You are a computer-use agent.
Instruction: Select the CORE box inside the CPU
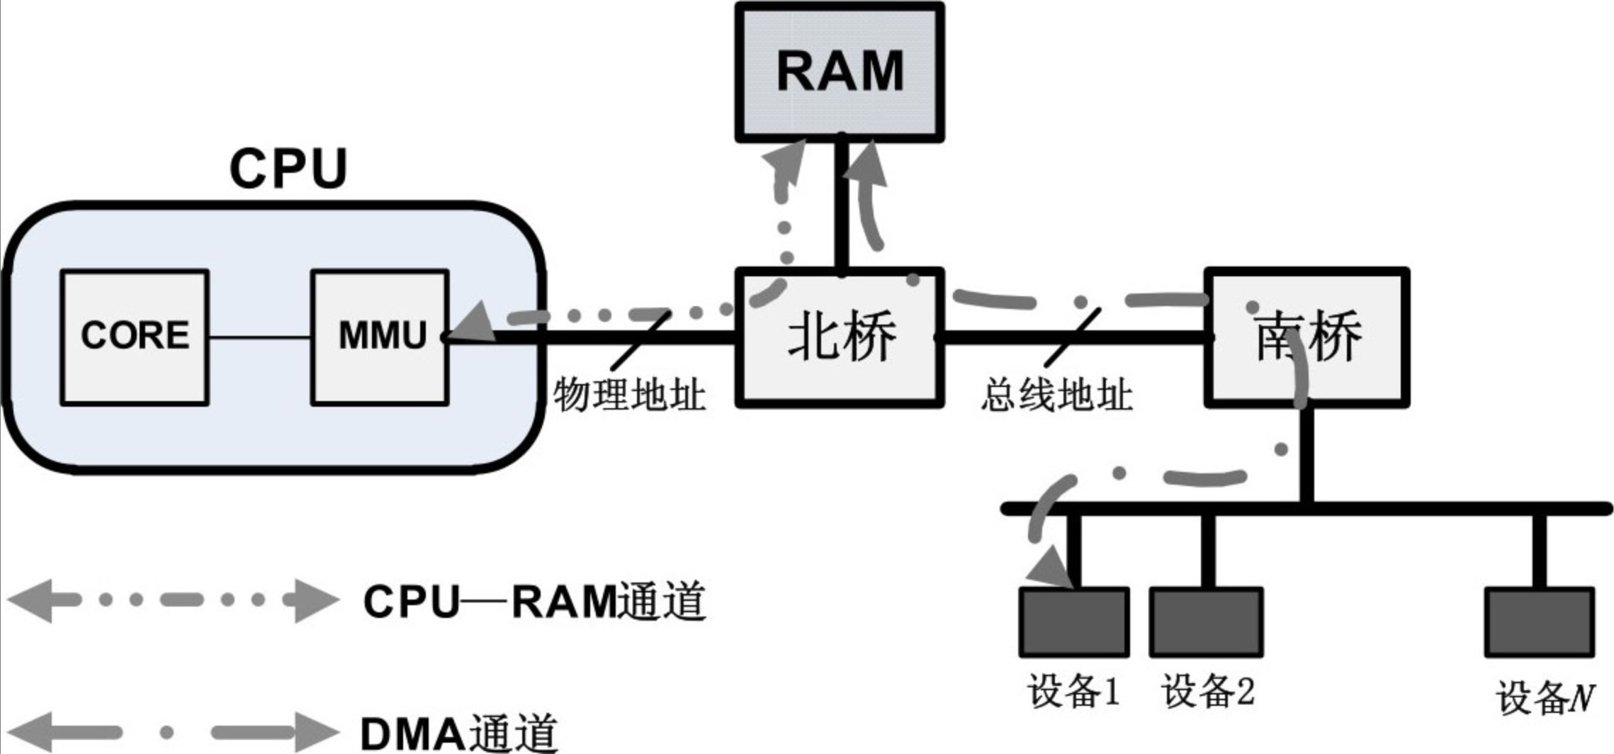click(135, 337)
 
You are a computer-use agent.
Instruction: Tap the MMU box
click(380, 337)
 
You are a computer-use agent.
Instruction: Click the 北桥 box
click(840, 337)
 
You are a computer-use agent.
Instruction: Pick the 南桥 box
click(1307, 337)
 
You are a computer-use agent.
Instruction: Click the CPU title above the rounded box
click(288, 169)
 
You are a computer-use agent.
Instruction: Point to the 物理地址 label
click(629, 395)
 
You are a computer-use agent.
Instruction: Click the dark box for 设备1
click(1074, 621)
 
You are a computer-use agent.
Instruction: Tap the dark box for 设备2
click(1206, 621)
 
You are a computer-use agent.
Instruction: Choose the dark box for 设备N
click(1540, 621)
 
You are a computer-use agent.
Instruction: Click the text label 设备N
click(1545, 697)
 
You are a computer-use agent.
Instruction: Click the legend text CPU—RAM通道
click(534, 602)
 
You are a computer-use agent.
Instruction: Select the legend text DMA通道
click(459, 733)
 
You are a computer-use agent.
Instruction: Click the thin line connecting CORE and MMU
click(259, 337)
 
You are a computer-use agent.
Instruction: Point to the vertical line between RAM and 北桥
click(841, 206)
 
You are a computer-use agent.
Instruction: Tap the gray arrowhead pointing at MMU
click(473, 324)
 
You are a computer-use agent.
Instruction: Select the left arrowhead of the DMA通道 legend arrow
click(32, 732)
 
